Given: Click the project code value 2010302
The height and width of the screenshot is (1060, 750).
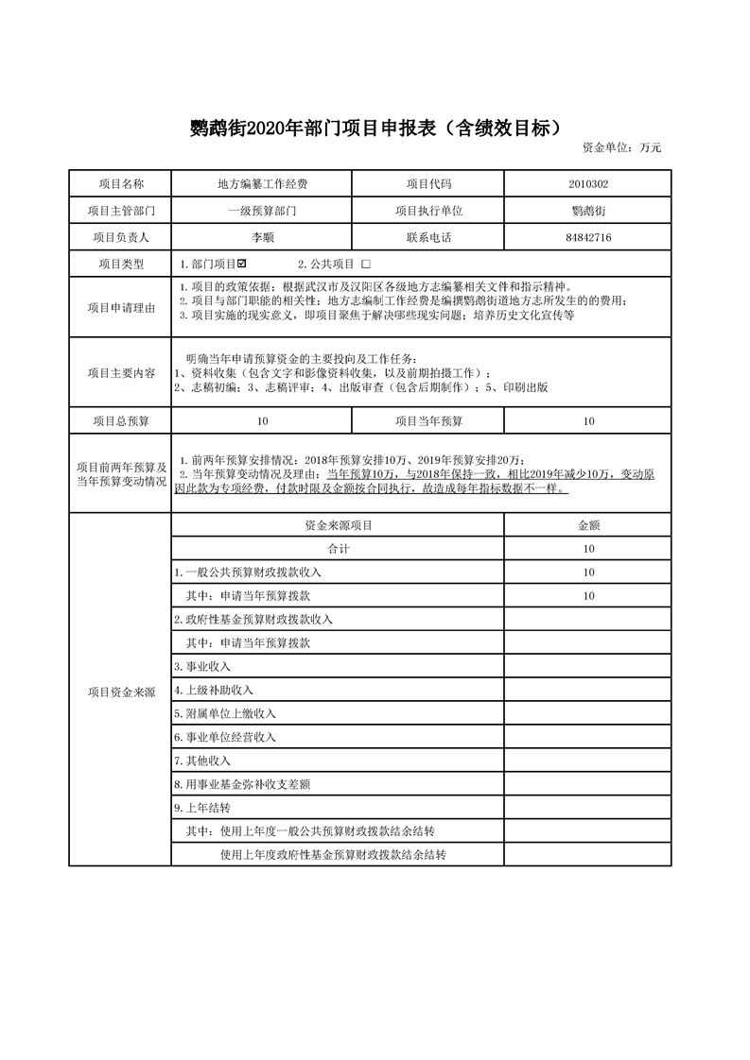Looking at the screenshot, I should pos(588,183).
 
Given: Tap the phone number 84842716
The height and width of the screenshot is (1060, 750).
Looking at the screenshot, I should pos(588,237).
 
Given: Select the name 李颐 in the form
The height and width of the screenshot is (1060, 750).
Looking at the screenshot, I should pos(262,237).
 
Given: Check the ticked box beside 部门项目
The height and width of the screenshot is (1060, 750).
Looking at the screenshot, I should pos(242,264).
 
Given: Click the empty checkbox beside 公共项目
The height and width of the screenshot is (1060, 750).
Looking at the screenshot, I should pos(366,265).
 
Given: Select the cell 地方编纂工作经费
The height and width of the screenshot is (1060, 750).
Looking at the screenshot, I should pos(262,183).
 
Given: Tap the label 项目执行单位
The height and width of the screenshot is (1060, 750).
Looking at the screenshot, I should pos(427,211).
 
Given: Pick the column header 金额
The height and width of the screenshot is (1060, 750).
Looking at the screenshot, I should pos(588,524).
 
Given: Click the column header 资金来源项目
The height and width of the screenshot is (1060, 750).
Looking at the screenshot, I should pos(338,524).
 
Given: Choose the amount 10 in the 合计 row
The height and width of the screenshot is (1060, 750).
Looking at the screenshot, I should pos(588,548).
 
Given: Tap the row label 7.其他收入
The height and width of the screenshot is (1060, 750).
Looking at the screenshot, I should pos(202,761).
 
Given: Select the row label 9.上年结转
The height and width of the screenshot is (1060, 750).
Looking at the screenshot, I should pos(202,808).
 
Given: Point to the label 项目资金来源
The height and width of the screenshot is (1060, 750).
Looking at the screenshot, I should pos(120,692).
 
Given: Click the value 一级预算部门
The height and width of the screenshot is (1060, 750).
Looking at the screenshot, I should pos(262,211).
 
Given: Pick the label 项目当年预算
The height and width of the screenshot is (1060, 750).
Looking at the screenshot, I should pos(427,421).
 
